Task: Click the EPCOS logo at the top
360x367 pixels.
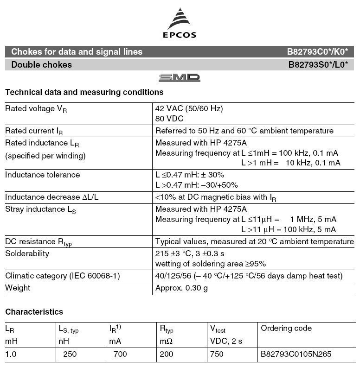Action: coord(180,23)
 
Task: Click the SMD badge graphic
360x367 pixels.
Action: coord(180,78)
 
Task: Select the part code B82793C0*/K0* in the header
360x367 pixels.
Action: coord(317,52)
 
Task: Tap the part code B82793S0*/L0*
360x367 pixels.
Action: coord(318,65)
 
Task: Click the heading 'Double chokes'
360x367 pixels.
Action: coord(42,65)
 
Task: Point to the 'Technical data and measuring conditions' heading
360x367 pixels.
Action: coord(84,92)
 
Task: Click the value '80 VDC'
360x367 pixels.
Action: coord(170,119)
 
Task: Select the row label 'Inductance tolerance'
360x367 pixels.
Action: coord(42,175)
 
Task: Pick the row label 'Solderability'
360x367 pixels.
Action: coord(27,253)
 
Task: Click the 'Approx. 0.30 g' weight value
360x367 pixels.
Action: coord(181,288)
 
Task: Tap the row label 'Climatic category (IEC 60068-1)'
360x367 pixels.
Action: coord(63,276)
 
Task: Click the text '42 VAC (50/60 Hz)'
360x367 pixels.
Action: coord(189,108)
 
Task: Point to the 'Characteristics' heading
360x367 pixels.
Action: coord(34,312)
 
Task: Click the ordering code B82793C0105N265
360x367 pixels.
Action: coord(296,354)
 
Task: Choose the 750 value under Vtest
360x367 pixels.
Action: coord(216,354)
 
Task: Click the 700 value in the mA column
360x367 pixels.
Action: coord(120,354)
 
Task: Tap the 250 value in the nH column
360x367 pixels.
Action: coord(70,354)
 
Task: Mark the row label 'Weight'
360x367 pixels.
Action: coord(18,288)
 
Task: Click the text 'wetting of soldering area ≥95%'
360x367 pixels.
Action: coord(210,264)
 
